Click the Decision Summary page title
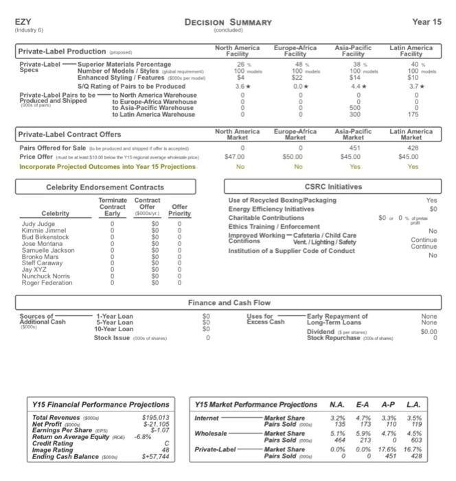pos(228,22)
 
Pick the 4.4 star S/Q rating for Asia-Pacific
pos(353,87)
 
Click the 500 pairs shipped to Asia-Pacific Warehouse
pos(353,108)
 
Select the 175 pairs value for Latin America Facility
pos(411,115)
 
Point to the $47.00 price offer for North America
pos(236,157)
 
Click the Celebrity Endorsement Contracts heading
pos(105,187)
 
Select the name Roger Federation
pos(47,282)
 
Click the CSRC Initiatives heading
pos(334,186)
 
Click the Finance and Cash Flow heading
pos(229,302)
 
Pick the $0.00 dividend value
pos(429,331)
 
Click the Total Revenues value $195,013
pos(155,418)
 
